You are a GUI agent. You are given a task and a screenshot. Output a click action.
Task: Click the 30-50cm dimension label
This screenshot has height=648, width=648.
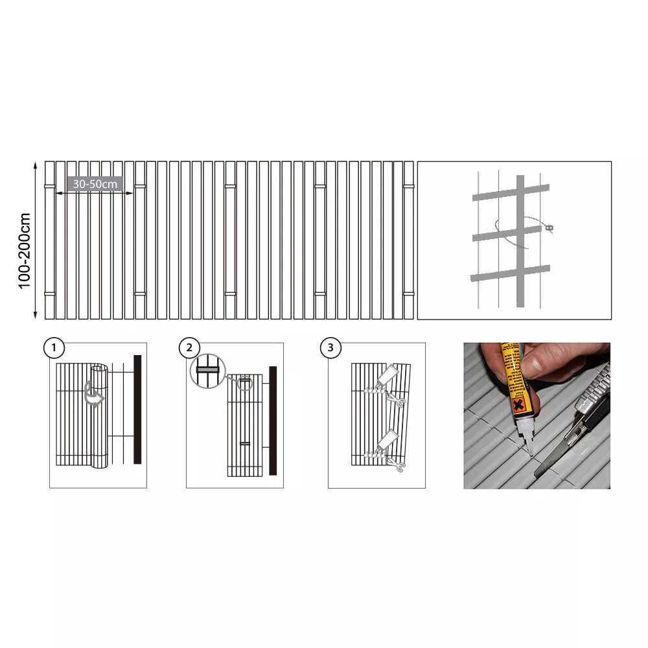95,184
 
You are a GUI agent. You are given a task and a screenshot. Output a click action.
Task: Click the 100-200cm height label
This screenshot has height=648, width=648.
25,251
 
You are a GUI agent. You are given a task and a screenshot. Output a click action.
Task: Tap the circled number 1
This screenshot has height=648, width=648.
54,348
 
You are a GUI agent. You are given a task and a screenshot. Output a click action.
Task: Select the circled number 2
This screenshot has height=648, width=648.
189,348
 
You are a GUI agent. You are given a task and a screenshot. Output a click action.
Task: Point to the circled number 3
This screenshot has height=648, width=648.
330,348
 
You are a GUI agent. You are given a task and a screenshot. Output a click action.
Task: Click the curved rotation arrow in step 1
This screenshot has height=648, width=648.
94,394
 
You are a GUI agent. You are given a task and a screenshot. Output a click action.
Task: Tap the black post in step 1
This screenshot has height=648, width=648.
137,409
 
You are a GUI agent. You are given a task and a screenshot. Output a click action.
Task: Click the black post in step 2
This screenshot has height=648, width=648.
273,421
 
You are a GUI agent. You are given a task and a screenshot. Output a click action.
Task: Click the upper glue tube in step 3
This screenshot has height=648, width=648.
388,375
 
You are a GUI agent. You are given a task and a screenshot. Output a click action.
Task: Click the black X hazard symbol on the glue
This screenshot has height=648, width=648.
518,405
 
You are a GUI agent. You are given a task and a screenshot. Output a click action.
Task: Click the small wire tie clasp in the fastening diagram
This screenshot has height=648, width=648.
549,227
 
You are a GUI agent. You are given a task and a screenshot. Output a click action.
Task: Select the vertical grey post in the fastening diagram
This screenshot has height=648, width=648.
520,241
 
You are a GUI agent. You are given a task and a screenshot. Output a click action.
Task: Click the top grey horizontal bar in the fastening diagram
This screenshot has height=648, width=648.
511,192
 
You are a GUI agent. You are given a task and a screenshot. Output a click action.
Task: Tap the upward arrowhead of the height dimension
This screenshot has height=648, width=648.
36,165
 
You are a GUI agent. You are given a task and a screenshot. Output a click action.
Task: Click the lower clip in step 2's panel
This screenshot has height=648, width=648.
245,443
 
